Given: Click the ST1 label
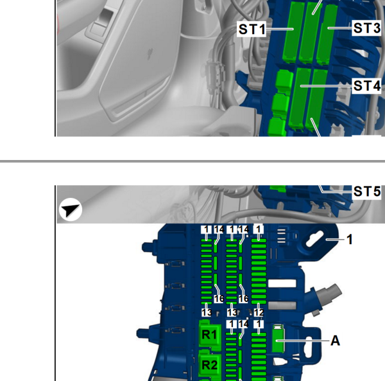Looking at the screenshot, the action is tap(252, 30).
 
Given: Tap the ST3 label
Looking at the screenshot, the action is tap(367, 28).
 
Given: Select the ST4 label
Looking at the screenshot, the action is tap(367, 86).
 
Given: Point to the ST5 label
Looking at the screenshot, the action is tap(367, 191).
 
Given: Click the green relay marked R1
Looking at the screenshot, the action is tap(209, 335).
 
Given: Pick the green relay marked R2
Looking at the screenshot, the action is tap(209, 365).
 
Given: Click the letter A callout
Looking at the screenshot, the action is tap(335, 341).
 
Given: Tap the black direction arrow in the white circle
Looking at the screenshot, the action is tap(71, 209).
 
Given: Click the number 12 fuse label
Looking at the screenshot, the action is tap(259, 312).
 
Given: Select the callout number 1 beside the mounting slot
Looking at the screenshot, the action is tap(350, 239).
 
